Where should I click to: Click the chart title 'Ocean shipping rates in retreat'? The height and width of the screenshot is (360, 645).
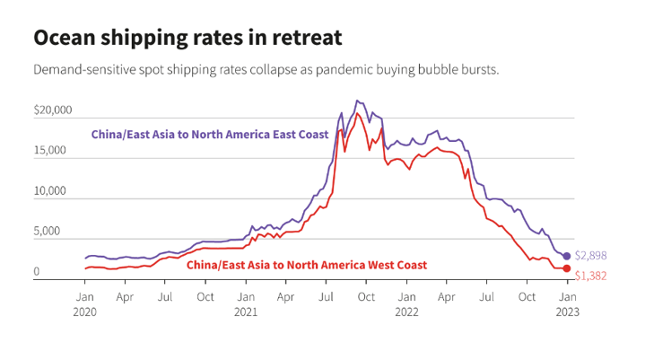point(187,38)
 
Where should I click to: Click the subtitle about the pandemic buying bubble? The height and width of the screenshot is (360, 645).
point(266,69)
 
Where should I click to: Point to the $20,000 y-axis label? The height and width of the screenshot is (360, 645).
point(53,110)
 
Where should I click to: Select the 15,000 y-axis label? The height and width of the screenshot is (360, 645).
point(51,151)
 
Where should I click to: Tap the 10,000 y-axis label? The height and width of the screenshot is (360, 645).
point(51,191)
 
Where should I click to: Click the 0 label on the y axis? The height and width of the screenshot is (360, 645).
point(37,272)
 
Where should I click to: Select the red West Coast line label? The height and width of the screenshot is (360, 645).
point(307,265)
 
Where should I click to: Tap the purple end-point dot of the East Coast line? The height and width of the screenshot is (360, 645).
point(566,256)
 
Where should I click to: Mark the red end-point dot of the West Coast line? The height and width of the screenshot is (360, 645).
point(566,268)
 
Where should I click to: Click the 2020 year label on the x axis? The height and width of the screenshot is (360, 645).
point(85,312)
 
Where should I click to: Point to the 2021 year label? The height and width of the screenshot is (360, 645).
point(245,312)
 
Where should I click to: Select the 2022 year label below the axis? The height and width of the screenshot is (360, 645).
point(406,312)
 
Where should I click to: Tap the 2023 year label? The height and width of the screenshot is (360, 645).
point(567,312)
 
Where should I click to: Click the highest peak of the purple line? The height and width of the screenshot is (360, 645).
point(357,101)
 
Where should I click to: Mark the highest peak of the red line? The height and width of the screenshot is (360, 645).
point(358,113)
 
